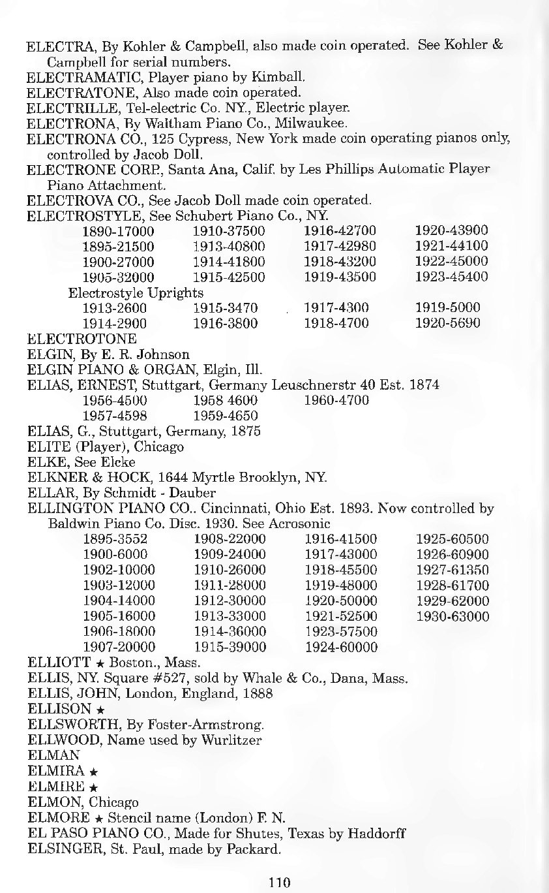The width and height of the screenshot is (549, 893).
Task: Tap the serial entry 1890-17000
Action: tap(119, 230)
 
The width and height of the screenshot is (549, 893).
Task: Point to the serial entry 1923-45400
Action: tap(451, 276)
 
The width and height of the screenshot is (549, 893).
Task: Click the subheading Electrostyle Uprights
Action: tap(136, 292)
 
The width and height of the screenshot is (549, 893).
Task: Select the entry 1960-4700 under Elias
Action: tap(336, 400)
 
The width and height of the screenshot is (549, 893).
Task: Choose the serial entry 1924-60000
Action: tap(341, 648)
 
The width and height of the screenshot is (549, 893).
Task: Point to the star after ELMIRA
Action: tap(93, 772)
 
